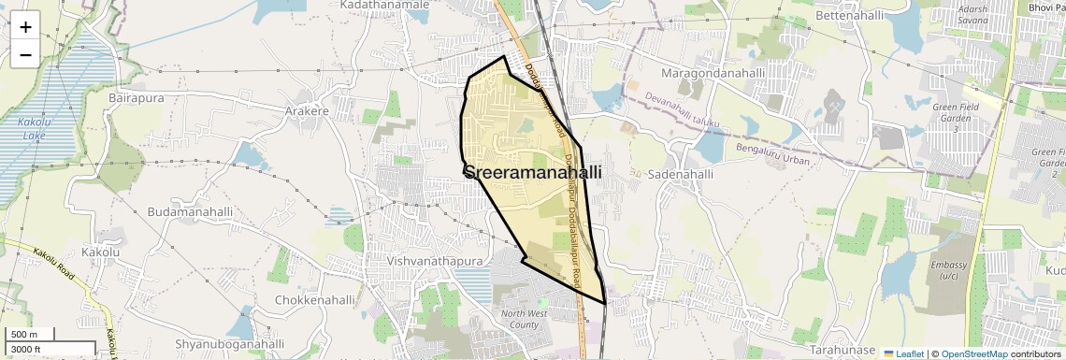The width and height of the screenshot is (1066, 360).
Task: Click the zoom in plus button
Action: pyautogui.click(x=25, y=26)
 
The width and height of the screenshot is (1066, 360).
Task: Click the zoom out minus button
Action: pyautogui.click(x=25, y=54)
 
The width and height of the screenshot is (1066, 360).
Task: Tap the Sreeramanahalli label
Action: pyautogui.click(x=532, y=173)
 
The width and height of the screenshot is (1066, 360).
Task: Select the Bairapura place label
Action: pyautogui.click(x=137, y=97)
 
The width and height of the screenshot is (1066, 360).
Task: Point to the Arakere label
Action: pyautogui.click(x=307, y=110)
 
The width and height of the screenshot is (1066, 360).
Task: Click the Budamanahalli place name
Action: pyautogui.click(x=190, y=212)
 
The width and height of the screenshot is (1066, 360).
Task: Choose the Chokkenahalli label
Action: pyautogui.click(x=315, y=300)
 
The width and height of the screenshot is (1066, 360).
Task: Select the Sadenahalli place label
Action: pyautogui.click(x=680, y=174)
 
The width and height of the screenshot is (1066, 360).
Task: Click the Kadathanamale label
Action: pyautogui.click(x=384, y=5)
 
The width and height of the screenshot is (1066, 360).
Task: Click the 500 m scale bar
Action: pyautogui.click(x=25, y=335)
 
